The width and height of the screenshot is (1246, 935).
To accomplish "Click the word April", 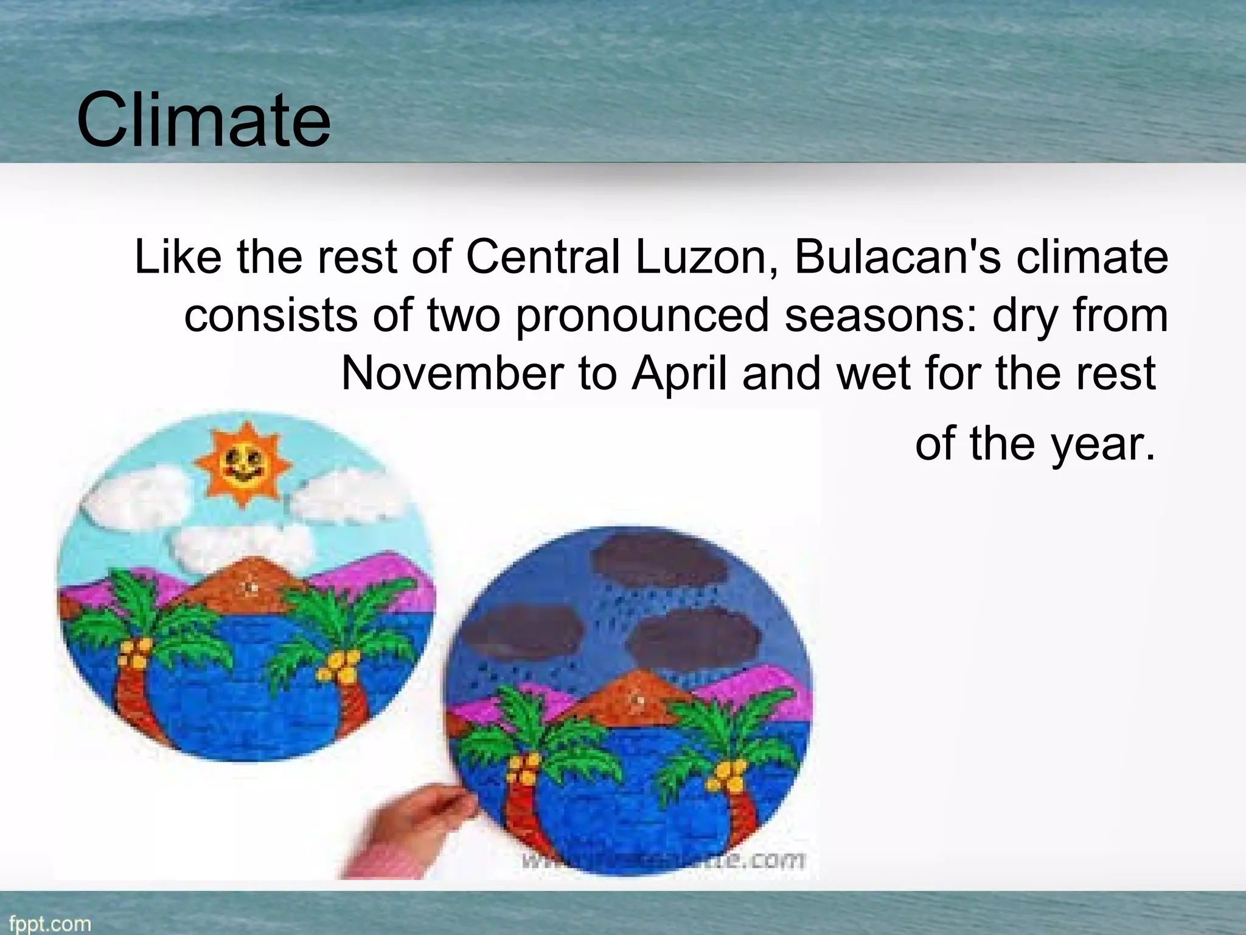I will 680,374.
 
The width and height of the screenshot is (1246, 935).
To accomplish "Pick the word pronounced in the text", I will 642,317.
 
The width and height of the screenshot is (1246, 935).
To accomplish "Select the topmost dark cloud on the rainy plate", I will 660,561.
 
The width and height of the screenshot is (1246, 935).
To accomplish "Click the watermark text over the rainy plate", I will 663,860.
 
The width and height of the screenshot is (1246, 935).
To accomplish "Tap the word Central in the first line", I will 543,257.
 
